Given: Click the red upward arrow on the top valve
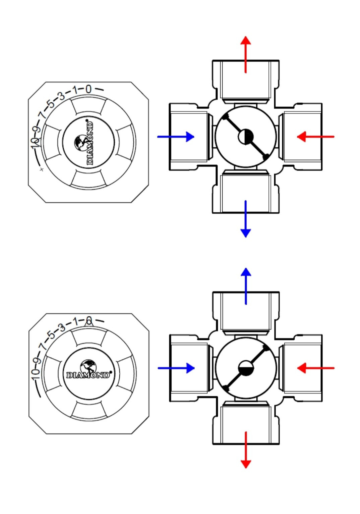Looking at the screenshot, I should (246, 54).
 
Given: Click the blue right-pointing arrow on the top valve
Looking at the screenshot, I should (176, 137).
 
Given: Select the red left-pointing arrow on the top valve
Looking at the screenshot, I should (315, 137).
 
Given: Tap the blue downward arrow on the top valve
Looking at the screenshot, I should (246, 219).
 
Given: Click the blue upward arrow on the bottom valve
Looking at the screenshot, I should (246, 286).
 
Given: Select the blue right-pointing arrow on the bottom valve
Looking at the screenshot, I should (176, 368).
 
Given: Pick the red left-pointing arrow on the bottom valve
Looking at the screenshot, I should (315, 368).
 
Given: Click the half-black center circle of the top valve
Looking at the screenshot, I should (246, 137).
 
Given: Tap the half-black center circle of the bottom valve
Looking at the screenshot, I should (246, 368).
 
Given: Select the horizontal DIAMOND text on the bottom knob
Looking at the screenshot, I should (88, 375).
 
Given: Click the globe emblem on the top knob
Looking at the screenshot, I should (80, 142).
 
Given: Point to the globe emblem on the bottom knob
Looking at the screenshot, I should (88, 366).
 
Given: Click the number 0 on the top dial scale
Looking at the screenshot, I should (88, 89).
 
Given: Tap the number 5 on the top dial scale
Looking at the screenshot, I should (51, 103).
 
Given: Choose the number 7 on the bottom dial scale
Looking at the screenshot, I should (42, 347).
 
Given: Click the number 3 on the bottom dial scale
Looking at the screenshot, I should (61, 327).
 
